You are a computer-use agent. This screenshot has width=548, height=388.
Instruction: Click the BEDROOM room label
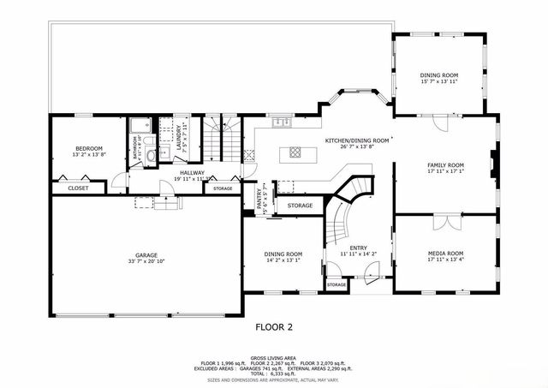(89, 147)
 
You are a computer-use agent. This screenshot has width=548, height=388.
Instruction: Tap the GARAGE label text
(146, 254)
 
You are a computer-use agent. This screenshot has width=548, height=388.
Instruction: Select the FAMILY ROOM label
(445, 164)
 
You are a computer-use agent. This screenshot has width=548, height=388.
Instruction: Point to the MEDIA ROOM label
(445, 254)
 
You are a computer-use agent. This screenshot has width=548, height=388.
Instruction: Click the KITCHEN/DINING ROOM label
(357, 140)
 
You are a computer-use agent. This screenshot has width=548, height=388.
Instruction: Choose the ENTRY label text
(358, 248)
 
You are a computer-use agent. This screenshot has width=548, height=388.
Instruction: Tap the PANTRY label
(259, 196)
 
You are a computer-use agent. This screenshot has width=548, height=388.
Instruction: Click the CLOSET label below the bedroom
(78, 188)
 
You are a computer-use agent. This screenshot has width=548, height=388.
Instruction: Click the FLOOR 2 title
(274, 326)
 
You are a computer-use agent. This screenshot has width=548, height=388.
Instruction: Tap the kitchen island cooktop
(295, 152)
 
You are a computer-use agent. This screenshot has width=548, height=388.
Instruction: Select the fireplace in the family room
(491, 164)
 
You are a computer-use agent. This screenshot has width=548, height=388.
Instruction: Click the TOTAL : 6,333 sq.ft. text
(274, 374)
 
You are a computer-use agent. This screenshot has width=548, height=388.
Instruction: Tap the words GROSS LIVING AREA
(274, 357)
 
